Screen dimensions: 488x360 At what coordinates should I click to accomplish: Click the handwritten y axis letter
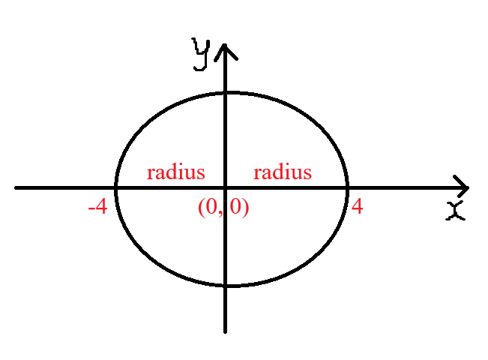tap(201, 55)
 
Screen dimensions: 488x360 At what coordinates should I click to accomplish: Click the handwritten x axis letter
tap(456, 211)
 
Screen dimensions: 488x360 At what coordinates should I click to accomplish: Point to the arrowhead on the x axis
tap(461, 187)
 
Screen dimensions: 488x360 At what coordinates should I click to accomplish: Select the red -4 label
tap(98, 207)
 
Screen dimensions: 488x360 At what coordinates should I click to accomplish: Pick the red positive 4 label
tap(358, 206)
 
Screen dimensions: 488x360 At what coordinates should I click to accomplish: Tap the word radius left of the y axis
tap(175, 172)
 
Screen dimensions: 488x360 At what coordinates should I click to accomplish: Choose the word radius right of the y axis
tap(283, 172)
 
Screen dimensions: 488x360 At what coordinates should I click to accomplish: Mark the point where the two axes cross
tap(225, 187)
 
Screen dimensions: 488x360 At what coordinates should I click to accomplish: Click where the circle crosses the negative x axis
tap(116, 187)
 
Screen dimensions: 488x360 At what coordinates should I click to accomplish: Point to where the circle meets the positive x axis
tap(347, 187)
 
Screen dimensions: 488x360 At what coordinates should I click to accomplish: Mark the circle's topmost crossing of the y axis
tap(225, 92)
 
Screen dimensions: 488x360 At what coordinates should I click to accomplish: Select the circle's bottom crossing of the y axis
tap(225, 285)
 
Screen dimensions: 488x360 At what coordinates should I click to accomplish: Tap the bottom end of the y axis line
tap(225, 332)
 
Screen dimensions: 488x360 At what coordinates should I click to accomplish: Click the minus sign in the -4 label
tap(91, 209)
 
